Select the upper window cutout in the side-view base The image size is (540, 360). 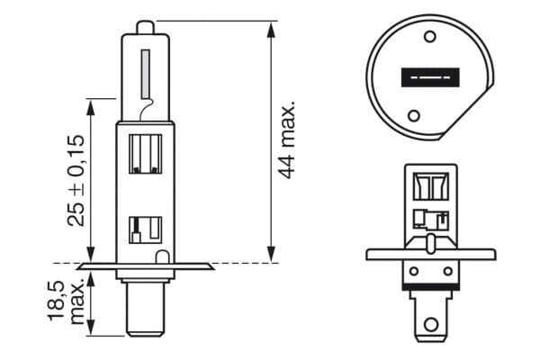pyautogui.click(x=145, y=152)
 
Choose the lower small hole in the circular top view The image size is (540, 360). pyautogui.click(x=413, y=115)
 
